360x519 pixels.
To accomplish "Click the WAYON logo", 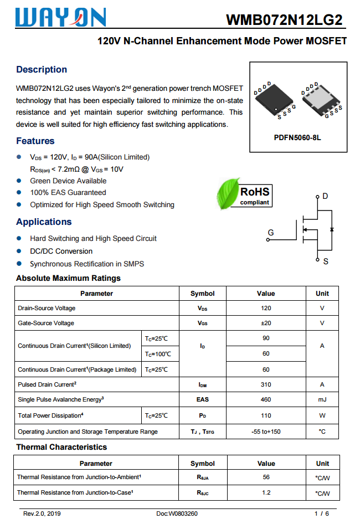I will click(x=61, y=18).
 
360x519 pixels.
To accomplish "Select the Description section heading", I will click(x=42, y=69).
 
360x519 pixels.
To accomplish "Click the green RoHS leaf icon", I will click(x=228, y=193).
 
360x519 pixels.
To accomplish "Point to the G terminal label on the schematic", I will click(x=270, y=233).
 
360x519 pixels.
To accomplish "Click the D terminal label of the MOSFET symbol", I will click(x=325, y=196).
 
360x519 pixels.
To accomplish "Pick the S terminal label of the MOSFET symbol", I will click(x=326, y=261).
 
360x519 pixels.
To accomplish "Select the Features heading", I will click(x=35, y=141).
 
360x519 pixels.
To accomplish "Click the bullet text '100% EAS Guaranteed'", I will click(x=68, y=193).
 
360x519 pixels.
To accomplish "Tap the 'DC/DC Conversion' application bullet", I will click(x=61, y=251).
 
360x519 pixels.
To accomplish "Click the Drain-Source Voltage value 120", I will click(x=266, y=308).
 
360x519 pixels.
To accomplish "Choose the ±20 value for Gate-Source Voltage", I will click(x=266, y=323).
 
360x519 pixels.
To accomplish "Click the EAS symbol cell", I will click(x=203, y=399).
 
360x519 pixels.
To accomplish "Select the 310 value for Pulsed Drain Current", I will click(x=266, y=384).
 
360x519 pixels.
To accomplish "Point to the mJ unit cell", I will click(x=322, y=399).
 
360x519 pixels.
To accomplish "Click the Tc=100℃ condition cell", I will click(x=158, y=354).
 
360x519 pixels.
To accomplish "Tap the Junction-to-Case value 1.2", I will click(x=266, y=492).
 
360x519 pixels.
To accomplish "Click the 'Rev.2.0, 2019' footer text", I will click(x=42, y=513).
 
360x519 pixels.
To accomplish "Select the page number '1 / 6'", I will click(x=321, y=513).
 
